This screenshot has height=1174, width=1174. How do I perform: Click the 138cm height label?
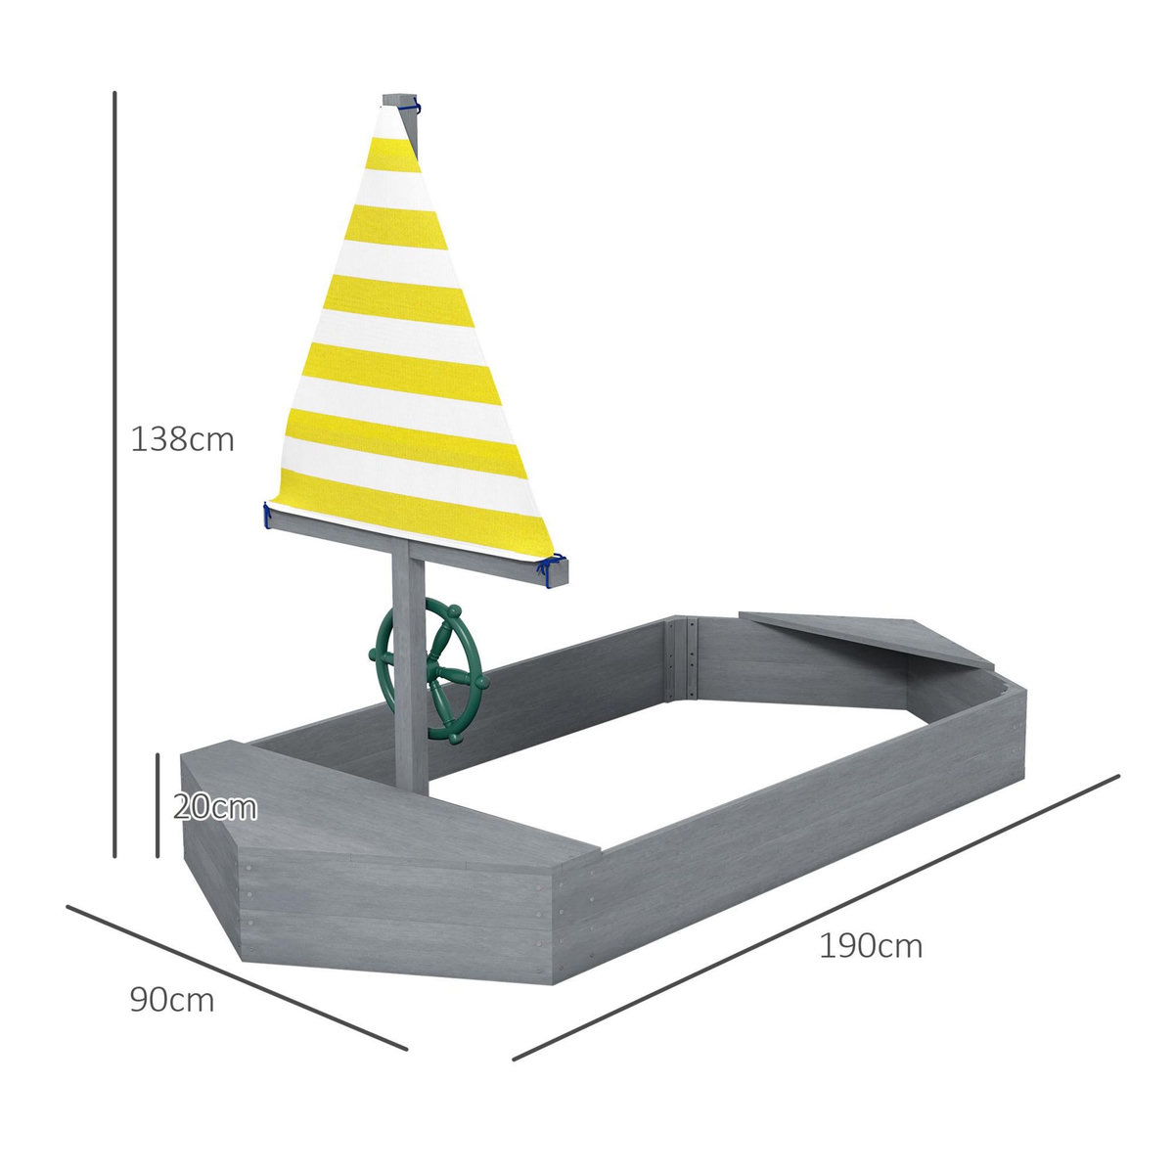[x=183, y=439]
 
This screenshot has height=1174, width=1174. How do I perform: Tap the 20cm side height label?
[x=215, y=808]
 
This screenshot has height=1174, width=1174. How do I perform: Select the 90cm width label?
[x=171, y=1000]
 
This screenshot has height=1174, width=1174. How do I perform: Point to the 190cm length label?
[x=871, y=946]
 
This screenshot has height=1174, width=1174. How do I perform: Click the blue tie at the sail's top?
[x=415, y=102]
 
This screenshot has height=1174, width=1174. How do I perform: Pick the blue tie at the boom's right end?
[x=553, y=568]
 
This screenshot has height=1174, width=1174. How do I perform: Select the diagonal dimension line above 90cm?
[x=236, y=977]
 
